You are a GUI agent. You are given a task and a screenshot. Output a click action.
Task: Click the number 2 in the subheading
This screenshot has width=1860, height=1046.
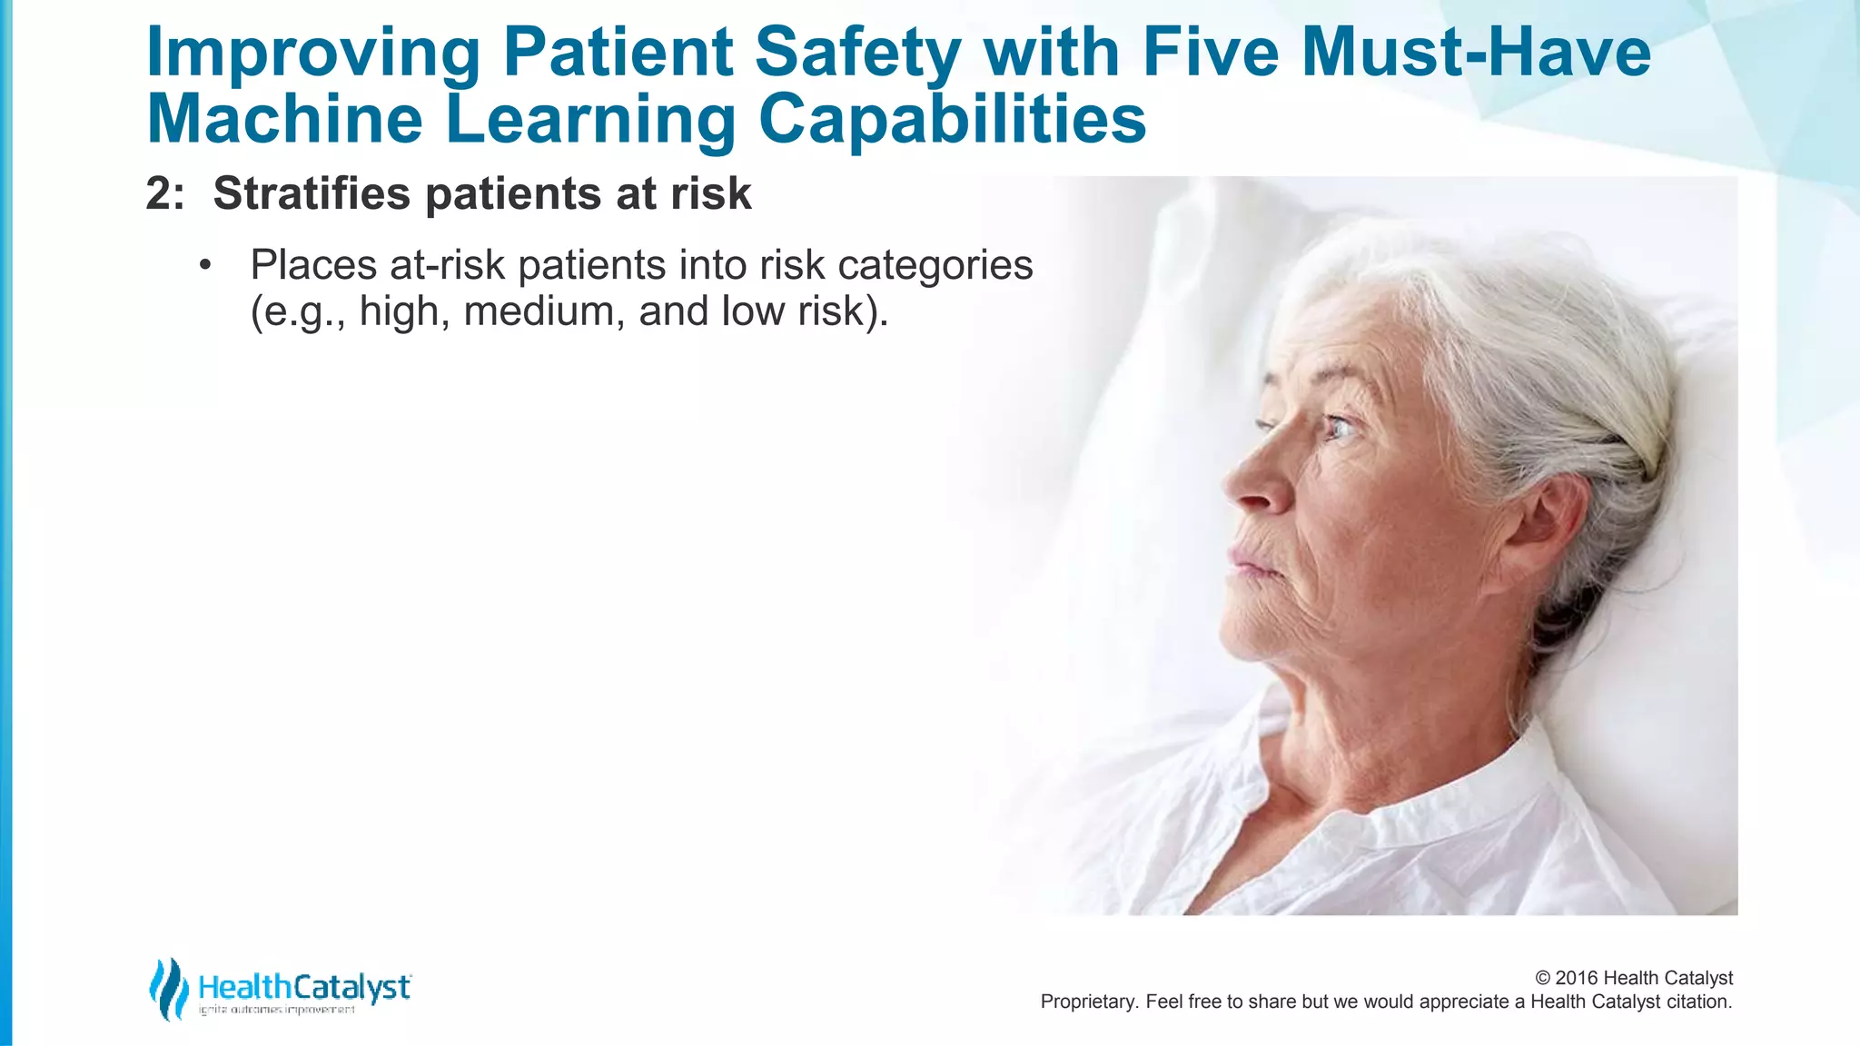click(x=158, y=193)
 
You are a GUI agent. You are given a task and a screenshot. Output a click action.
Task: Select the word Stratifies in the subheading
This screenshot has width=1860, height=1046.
click(x=311, y=193)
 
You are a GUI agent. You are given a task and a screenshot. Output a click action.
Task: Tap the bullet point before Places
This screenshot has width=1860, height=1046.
click(x=205, y=266)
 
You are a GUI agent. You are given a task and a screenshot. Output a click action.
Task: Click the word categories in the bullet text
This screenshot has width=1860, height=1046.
click(x=935, y=266)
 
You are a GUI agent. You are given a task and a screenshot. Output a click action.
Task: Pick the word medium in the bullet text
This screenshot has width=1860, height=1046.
click(x=543, y=311)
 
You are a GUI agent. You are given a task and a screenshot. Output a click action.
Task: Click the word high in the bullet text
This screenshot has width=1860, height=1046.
click(x=398, y=311)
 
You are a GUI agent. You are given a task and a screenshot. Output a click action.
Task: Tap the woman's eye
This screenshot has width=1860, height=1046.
click(x=1337, y=426)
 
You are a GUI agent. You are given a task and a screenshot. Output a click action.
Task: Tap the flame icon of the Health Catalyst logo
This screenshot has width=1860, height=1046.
click(x=168, y=989)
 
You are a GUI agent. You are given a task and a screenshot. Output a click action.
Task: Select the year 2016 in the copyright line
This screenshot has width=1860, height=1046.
click(x=1577, y=978)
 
